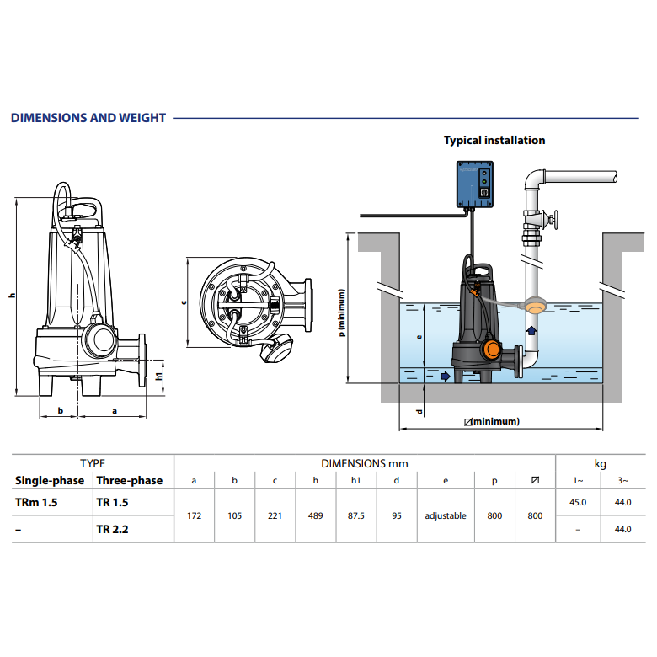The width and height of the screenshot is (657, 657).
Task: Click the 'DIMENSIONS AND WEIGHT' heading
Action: click(x=88, y=118)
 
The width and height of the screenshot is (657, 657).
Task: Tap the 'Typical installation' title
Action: click(x=494, y=141)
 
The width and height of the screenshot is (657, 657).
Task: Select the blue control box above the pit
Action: click(x=475, y=184)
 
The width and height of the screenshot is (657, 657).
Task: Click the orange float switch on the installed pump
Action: click(x=491, y=349)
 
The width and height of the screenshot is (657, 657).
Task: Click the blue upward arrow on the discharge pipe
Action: click(x=531, y=330)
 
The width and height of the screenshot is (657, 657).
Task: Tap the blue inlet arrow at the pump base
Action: click(x=446, y=377)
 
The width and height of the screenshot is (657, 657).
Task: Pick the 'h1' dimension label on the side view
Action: click(x=159, y=376)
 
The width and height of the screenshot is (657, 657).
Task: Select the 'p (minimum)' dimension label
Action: click(x=341, y=312)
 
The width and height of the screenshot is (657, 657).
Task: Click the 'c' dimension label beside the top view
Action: click(x=183, y=302)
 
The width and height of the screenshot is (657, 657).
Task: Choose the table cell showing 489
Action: click(x=316, y=515)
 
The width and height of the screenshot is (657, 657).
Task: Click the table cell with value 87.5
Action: click(x=355, y=515)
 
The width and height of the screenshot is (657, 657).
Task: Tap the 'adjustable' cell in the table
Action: click(x=446, y=515)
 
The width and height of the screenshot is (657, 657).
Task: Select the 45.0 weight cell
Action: click(x=578, y=502)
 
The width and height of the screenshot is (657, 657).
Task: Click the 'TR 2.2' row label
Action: click(x=112, y=529)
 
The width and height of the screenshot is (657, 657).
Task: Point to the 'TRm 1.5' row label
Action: click(x=36, y=502)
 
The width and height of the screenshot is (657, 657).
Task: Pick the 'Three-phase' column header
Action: click(x=130, y=481)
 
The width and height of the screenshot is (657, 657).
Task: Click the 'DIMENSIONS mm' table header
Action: click(x=365, y=464)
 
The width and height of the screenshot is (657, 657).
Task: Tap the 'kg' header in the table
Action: click(x=601, y=464)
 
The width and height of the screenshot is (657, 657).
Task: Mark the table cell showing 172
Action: click(x=194, y=515)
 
